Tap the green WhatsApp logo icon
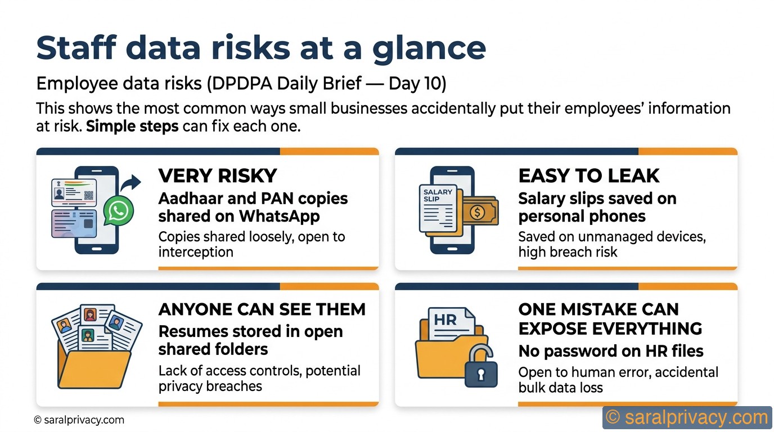click(119, 211)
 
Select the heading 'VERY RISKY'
click(218, 176)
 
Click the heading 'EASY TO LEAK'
click(588, 176)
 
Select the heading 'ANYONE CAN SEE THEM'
click(262, 309)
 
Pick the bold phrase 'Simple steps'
click(132, 126)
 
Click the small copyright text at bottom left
click(79, 420)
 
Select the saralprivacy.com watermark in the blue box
click(687, 418)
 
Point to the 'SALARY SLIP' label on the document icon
click(438, 195)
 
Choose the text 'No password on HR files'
click(611, 352)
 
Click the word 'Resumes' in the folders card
click(194, 332)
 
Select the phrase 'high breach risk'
click(568, 252)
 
